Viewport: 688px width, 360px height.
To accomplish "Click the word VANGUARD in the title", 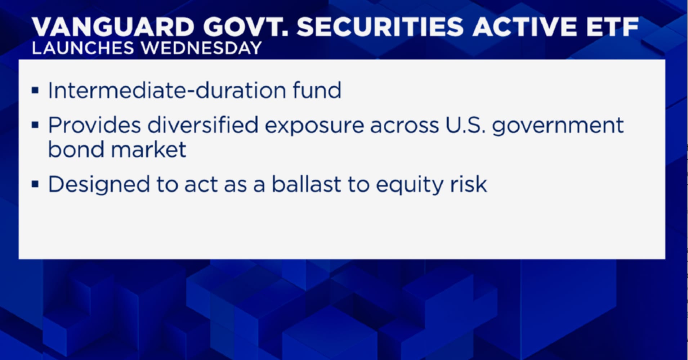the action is point(113,27).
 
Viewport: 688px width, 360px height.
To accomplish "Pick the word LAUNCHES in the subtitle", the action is point(83,48).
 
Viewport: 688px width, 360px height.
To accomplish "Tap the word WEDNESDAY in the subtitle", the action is point(201,48).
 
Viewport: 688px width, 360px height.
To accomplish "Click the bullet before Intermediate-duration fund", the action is point(35,90).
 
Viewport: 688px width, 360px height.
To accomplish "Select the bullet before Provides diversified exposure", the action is point(35,125).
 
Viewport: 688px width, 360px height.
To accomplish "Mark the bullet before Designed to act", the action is point(35,184).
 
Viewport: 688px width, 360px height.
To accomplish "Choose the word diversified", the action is point(203,125).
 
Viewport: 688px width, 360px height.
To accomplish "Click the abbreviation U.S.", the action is point(465,125).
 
